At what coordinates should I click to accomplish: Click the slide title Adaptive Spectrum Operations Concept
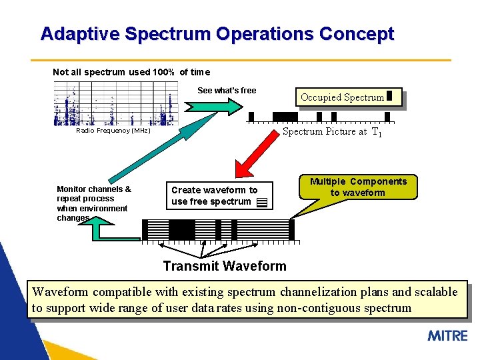217,34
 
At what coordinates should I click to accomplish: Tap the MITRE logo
447,335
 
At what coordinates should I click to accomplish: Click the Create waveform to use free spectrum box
219,196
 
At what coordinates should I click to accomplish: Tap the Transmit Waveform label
225,267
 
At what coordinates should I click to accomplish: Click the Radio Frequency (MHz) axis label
113,131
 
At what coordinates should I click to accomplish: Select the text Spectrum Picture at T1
332,132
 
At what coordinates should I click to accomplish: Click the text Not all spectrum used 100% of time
131,72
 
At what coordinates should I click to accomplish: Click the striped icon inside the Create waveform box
261,202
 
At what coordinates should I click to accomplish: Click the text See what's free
227,91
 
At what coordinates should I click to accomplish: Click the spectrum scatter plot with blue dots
115,103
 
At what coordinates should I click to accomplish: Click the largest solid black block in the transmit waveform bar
181,230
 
